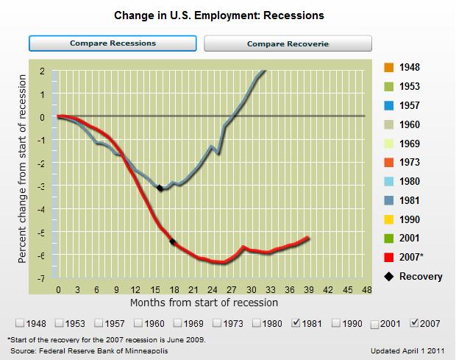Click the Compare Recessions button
pyautogui.click(x=113, y=43)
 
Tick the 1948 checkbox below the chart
pyautogui.click(x=20, y=322)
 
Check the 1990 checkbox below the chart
pyautogui.click(x=336, y=322)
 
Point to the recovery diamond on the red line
pyautogui.click(x=173, y=241)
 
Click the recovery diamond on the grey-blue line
pyautogui.click(x=160, y=188)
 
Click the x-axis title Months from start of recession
pyautogui.click(x=204, y=302)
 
